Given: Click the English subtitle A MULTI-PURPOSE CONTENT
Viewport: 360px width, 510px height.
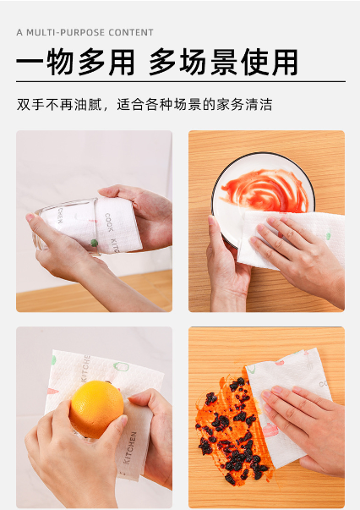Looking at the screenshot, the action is tap(85, 32).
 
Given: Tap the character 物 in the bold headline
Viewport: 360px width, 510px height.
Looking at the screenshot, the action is tap(60, 62).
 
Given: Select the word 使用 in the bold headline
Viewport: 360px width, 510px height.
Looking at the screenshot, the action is tap(270, 62).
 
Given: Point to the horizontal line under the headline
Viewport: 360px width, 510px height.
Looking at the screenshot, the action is tap(181, 81).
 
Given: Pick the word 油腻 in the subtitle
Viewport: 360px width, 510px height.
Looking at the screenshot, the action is tap(88, 105).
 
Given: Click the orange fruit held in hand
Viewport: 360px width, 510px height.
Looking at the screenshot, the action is tap(96, 409).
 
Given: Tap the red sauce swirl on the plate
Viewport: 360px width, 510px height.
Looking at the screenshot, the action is tap(265, 190).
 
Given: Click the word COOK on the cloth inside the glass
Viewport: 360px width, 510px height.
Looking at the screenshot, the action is tap(109, 222).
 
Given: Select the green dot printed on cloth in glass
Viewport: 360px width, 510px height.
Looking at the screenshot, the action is tap(94, 243).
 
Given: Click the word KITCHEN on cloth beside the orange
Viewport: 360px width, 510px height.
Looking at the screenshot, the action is tap(129, 448).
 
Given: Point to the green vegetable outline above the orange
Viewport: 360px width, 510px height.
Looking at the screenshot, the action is tap(121, 366).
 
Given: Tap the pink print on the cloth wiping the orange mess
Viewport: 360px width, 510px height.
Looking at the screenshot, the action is tap(270, 430).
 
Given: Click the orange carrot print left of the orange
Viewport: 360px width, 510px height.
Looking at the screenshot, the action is tap(53, 391).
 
